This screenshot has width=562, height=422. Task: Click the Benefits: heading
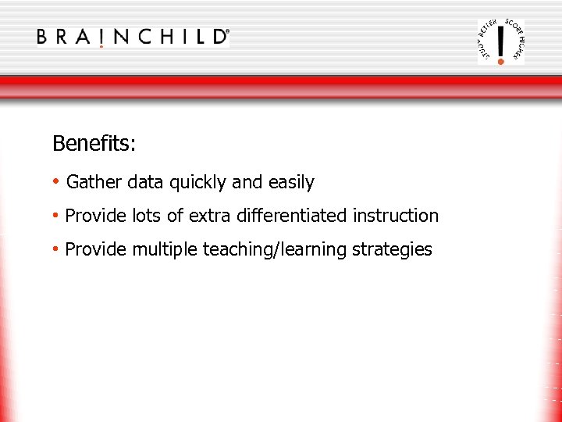point(94,144)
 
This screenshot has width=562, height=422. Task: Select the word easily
point(290,183)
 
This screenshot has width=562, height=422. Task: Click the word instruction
point(396,216)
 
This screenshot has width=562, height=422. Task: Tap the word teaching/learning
point(275,250)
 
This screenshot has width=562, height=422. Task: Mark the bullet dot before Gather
point(56,182)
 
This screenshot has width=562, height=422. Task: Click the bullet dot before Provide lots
point(56,215)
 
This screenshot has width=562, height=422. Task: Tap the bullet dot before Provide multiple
point(56,249)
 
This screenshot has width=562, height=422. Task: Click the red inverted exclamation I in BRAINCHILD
point(101,38)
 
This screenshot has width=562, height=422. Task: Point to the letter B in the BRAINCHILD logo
point(44,37)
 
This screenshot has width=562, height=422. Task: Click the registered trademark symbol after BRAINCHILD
point(227,32)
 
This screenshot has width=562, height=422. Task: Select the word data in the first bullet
point(145,183)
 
